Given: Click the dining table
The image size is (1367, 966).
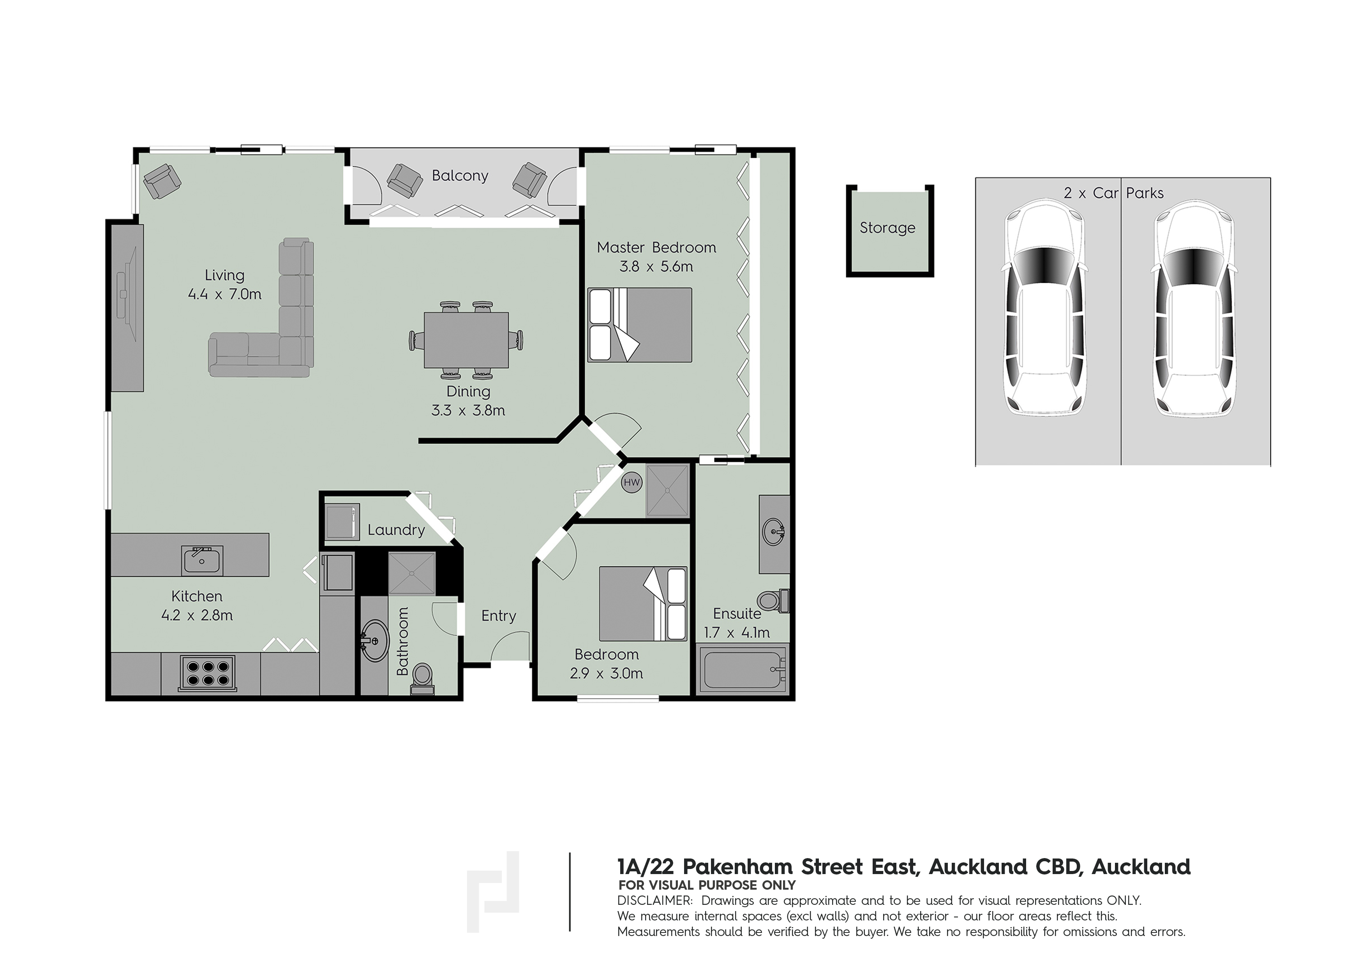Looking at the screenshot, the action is coord(466,340).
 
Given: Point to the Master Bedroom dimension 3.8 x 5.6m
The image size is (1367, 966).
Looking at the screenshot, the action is coord(656,267).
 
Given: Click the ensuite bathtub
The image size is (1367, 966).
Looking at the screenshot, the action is coord(743,671).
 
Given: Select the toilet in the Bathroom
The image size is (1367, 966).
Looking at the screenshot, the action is coord(423,679).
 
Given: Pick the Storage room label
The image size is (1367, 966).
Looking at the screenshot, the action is coord(887,228).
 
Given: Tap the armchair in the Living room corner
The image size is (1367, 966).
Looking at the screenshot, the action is coord(162,182).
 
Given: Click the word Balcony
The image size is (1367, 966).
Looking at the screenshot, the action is coord(460,176).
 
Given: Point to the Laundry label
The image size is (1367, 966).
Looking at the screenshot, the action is coord(396,530).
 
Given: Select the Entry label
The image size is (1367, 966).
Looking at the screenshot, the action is coord(498,616).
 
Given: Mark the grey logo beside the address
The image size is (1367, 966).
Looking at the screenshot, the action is coord(492,891).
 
